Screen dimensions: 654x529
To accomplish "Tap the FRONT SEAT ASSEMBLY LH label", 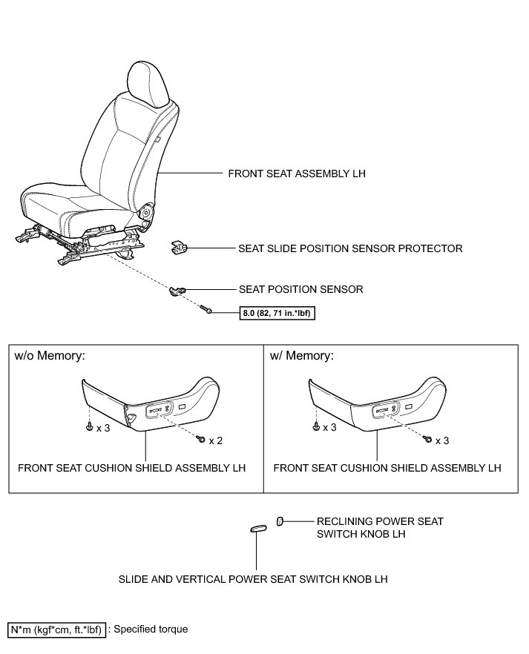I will [297, 174].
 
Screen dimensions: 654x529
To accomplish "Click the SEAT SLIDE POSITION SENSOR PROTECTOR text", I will [350, 249].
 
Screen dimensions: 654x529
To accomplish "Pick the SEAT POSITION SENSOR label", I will [300, 289].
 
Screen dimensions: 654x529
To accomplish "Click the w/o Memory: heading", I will [50, 355].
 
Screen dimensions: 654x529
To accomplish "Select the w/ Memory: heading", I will [302, 355].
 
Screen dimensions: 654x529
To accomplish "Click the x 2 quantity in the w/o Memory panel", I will [216, 440].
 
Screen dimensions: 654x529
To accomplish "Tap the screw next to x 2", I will [200, 440].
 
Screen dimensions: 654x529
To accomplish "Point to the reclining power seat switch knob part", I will [280, 521].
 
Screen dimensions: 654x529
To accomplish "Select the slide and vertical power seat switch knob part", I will [257, 528].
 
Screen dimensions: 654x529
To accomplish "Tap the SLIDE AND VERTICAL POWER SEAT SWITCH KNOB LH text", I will [253, 578].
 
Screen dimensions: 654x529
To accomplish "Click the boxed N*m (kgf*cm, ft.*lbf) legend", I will [57, 630].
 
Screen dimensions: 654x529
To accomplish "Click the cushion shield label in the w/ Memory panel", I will [387, 468].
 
